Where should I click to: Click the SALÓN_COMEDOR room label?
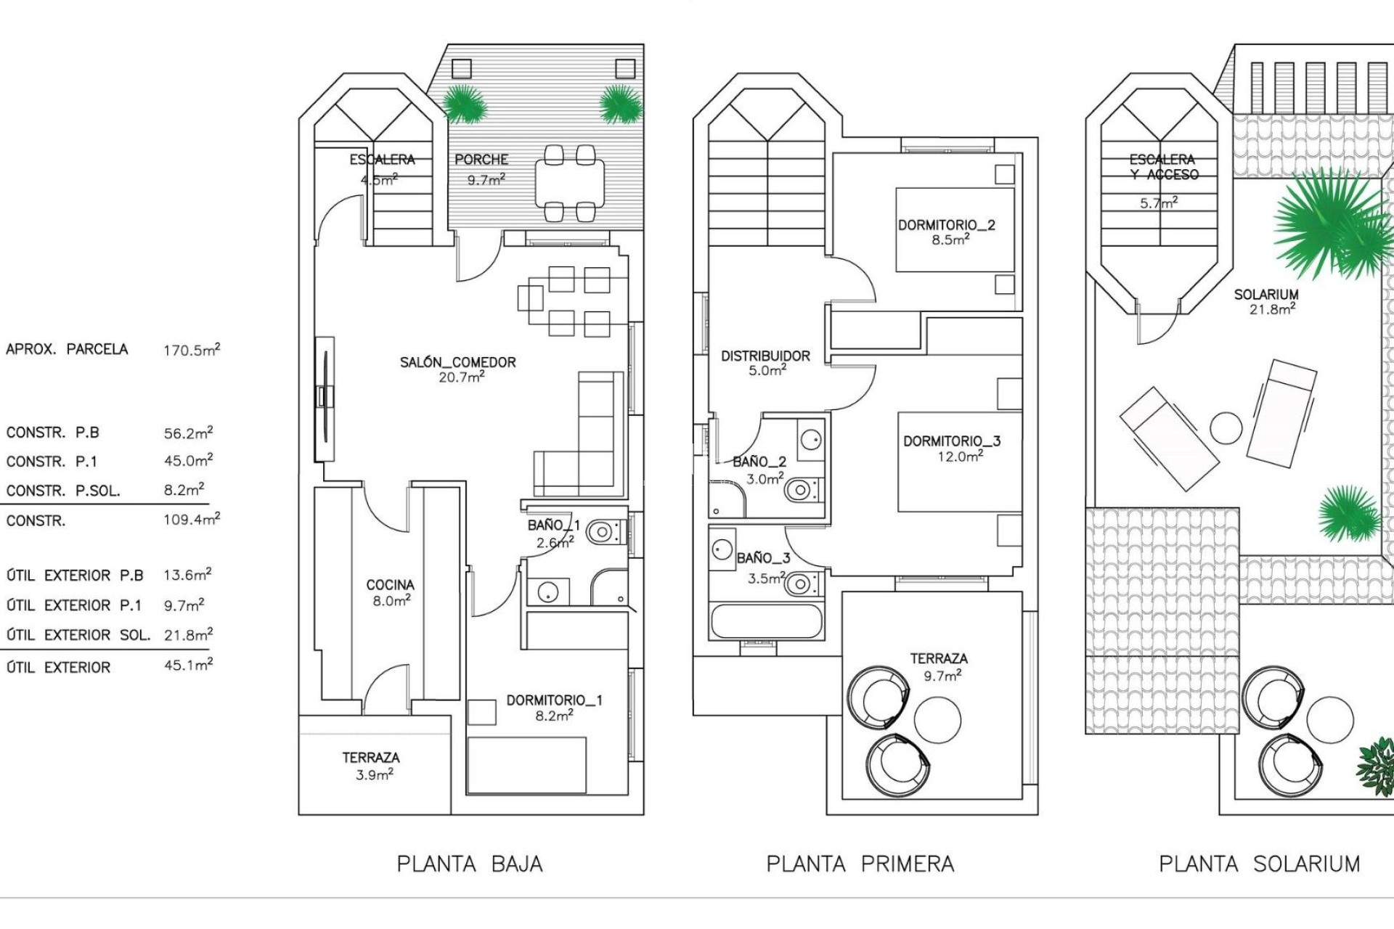tap(457, 362)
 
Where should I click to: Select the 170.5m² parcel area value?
tap(191, 350)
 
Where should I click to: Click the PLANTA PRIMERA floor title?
tap(860, 864)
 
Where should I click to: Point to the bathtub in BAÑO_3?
tap(767, 621)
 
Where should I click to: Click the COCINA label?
tap(390, 585)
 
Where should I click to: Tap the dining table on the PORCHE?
tap(569, 182)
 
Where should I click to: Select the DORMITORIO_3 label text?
tap(951, 441)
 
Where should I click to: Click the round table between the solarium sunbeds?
tap(1226, 428)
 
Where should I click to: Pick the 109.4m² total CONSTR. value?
tap(191, 520)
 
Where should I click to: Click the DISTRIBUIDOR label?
tap(765, 356)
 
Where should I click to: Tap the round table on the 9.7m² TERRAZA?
tap(937, 719)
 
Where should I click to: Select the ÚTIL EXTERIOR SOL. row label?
tap(78, 635)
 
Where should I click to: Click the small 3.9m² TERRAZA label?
tap(371, 765)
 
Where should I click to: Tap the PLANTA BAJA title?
tap(469, 864)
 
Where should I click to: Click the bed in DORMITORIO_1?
tap(526, 765)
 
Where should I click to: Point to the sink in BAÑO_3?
tap(722, 549)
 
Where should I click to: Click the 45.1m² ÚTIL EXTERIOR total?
tap(188, 665)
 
